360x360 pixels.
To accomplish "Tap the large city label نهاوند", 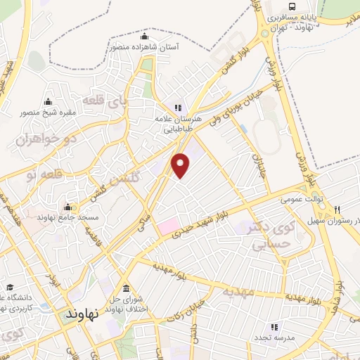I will coord(84,315).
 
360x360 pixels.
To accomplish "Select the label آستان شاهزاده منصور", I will coord(144,48).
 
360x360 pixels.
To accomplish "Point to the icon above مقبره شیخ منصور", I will coord(48,101).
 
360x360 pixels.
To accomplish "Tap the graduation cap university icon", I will coord(10,286).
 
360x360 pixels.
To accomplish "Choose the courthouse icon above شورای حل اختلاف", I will coord(126,290).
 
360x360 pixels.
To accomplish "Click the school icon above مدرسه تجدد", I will coord(274,326).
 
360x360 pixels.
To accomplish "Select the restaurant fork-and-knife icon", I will coord(337,209).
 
